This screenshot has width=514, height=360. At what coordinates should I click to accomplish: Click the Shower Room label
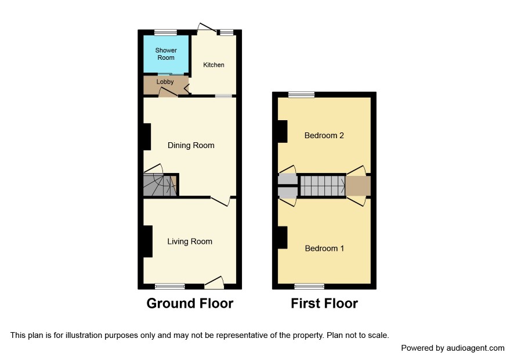point(166,54)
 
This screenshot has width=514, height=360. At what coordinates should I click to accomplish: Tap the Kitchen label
point(213,65)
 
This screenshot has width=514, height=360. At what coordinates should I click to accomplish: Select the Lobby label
point(165,82)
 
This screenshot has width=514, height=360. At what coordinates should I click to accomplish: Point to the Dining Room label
point(191,145)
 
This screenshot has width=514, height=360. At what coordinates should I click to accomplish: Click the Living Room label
point(190,242)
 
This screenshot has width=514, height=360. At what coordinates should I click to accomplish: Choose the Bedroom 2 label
point(324,135)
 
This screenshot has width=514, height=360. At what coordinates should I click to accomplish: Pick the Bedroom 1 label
point(324,249)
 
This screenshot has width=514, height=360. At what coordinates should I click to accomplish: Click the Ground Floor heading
point(190,303)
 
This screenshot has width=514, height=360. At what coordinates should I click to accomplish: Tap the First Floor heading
point(324,303)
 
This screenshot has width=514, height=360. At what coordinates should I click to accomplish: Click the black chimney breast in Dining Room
point(147,136)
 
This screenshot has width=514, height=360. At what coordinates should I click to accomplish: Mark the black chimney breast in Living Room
point(147,241)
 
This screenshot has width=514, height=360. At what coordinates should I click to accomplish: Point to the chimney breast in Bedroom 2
point(283,131)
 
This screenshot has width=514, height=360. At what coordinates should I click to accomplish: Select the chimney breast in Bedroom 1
point(283,237)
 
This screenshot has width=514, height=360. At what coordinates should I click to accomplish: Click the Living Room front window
point(170,286)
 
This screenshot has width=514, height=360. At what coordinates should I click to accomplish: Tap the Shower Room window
point(165,32)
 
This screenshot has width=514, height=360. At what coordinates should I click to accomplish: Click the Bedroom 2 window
point(301,95)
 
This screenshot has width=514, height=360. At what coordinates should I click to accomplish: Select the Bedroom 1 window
point(309,286)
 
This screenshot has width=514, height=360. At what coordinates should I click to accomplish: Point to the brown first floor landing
point(358,186)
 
